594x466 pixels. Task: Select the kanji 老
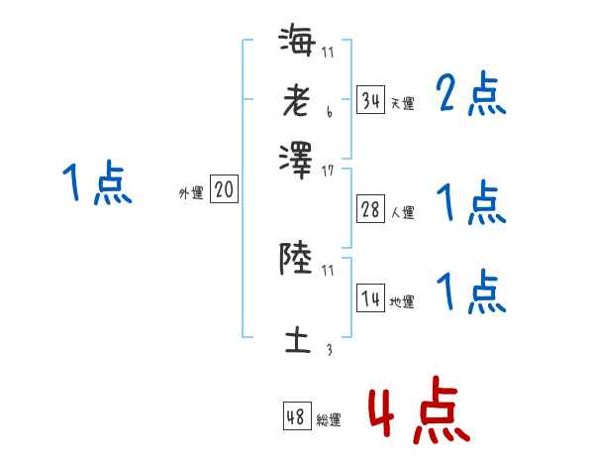[x=296, y=100]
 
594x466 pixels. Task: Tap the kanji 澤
[x=296, y=159]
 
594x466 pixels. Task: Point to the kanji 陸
[x=296, y=259]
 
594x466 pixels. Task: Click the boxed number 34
[x=370, y=99]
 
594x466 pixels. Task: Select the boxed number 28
[x=370, y=209]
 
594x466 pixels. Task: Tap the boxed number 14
[x=370, y=298]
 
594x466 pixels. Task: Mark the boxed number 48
[x=295, y=416]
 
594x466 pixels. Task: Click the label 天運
[x=402, y=103]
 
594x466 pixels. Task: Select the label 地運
[x=402, y=302]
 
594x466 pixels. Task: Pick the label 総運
[x=328, y=420]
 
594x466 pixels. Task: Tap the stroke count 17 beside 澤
[x=328, y=172]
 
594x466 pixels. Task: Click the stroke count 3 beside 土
[x=328, y=349]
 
